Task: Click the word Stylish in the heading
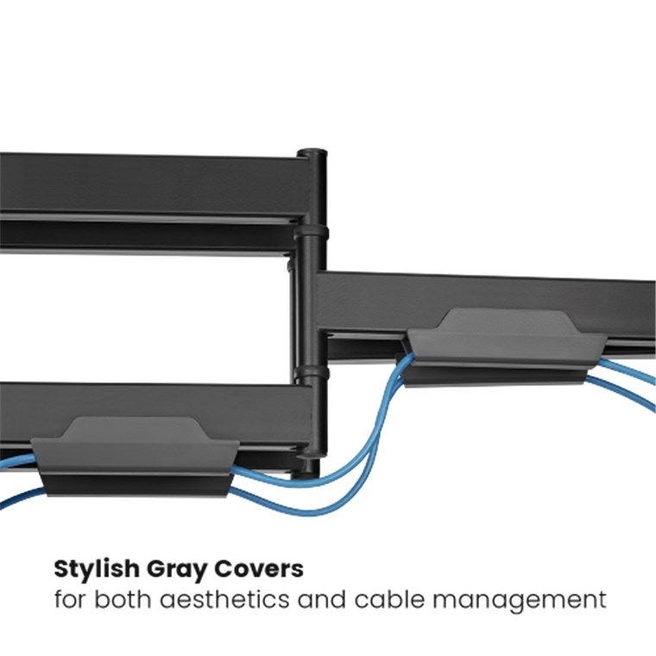96,571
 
